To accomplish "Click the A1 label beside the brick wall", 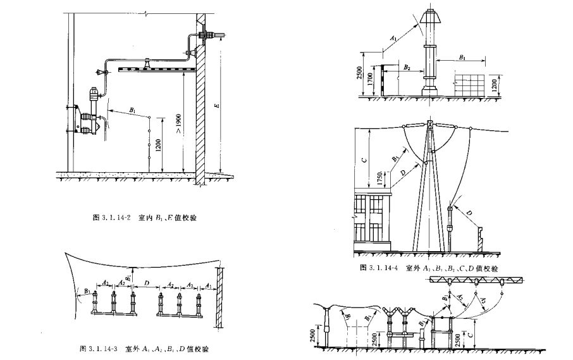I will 209,285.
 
